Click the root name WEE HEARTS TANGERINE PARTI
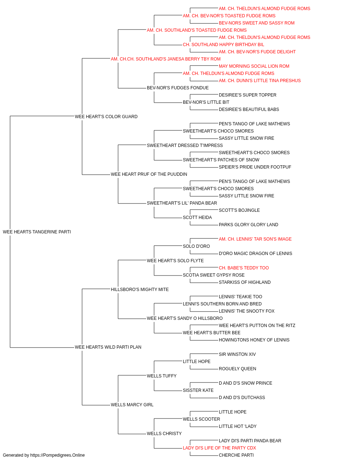pyautogui.click(x=37, y=232)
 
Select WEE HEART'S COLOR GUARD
pyautogui.click(x=106, y=116)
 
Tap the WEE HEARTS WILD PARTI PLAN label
pyautogui.click(x=108, y=347)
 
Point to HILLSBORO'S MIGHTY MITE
pyautogui.click(x=140, y=289)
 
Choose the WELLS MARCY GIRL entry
pyautogui.click(x=132, y=404)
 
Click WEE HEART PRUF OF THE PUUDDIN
pyautogui.click(x=149, y=174)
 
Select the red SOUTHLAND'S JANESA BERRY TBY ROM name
pyautogui.click(x=166, y=59)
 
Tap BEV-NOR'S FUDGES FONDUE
pyautogui.click(x=178, y=88)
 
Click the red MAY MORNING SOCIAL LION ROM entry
pyautogui.click(x=254, y=66)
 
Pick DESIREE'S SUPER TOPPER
pyautogui.click(x=247, y=95)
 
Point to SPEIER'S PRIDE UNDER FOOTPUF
pyautogui.click(x=255, y=167)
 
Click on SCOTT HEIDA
pyautogui.click(x=197, y=218)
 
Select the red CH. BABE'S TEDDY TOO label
pyautogui.click(x=244, y=268)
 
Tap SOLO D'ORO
pyautogui.click(x=196, y=246)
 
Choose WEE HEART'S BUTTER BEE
pyautogui.click(x=212, y=333)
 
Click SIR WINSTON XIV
pyautogui.click(x=237, y=354)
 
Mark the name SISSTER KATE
pyautogui.click(x=198, y=390)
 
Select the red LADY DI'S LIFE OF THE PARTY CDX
pyautogui.click(x=220, y=448)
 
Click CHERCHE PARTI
pyautogui.click(x=236, y=455)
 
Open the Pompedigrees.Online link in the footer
pyautogui.click(x=58, y=455)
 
